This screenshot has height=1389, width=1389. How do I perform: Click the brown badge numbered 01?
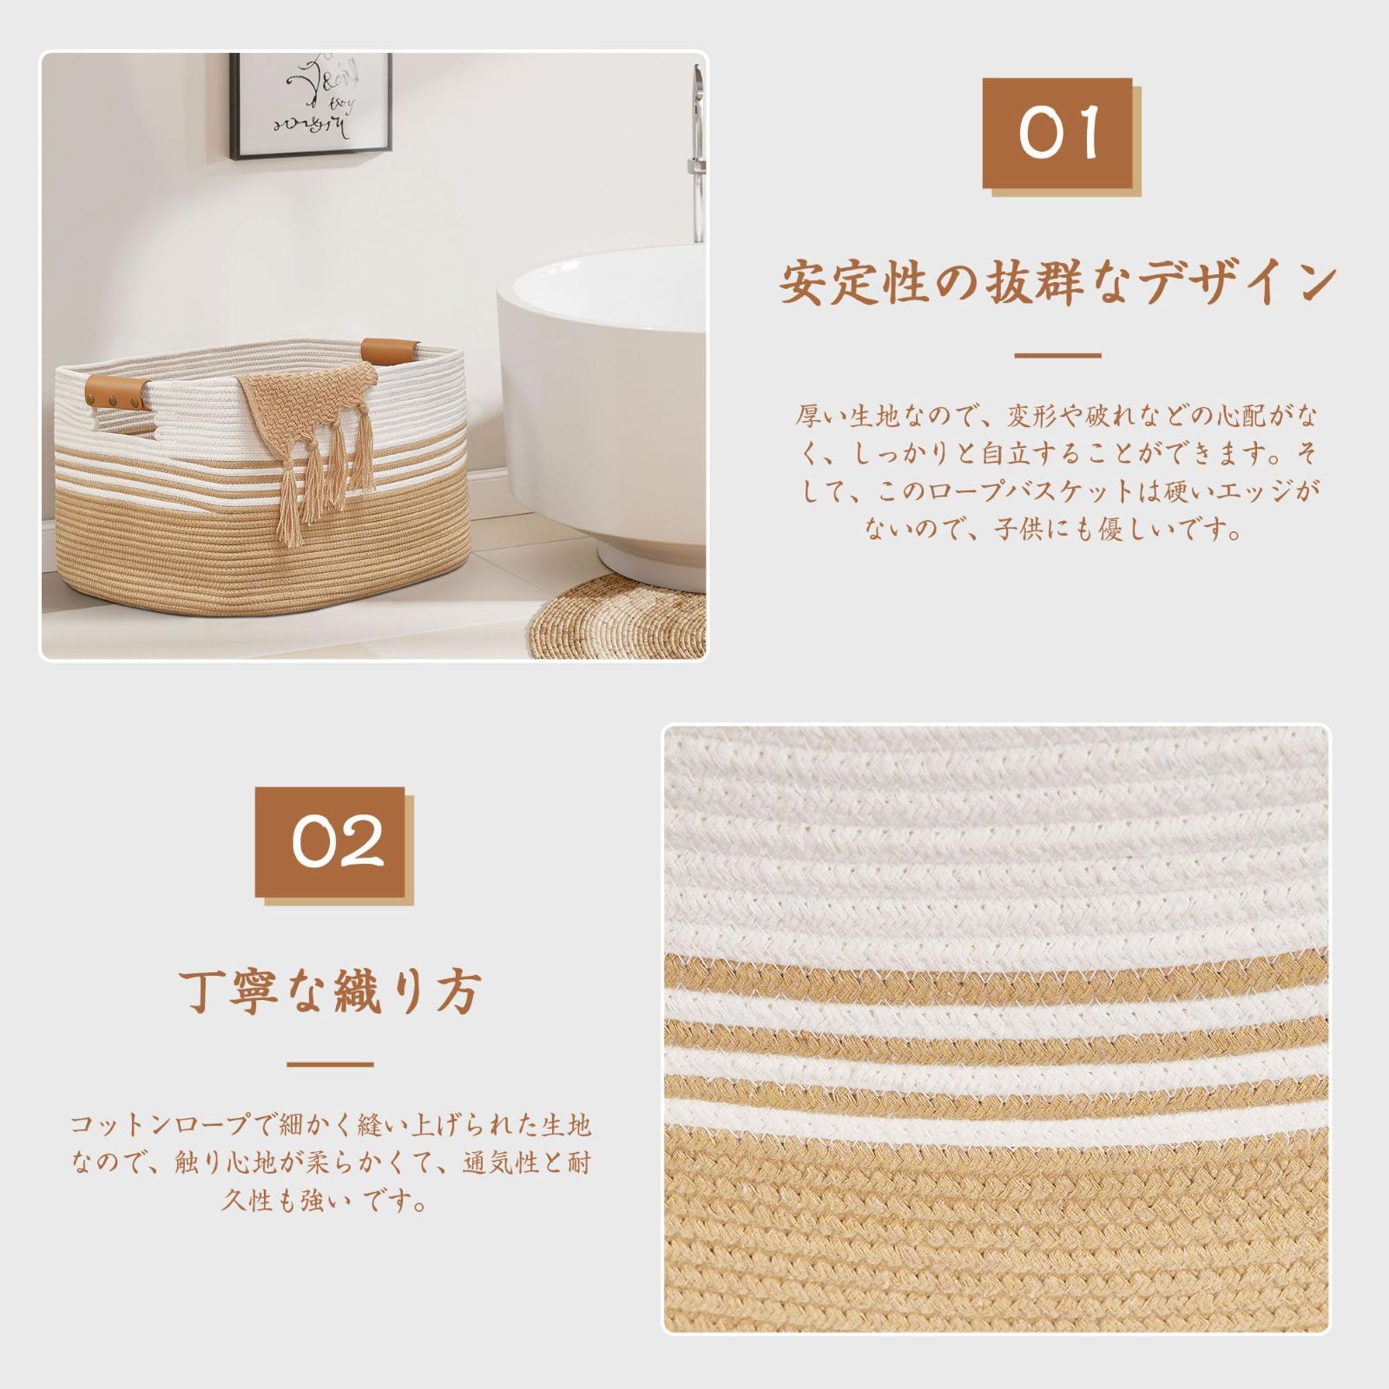click(1057, 133)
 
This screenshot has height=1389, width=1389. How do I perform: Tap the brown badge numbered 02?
click(330, 841)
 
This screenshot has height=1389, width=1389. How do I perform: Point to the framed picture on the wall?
click(312, 105)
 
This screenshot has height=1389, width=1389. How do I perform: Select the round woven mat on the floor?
click(617, 616)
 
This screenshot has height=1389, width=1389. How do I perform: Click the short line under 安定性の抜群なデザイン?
click(1057, 355)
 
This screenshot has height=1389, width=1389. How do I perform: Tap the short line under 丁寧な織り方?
click(330, 1064)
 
